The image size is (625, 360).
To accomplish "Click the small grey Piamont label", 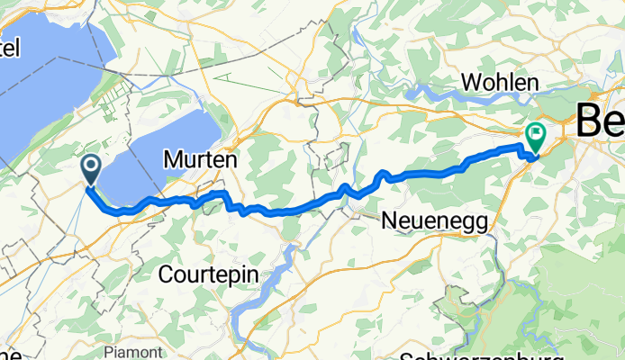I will (x=144, y=351).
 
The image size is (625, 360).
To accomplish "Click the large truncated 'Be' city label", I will (x=599, y=118).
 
